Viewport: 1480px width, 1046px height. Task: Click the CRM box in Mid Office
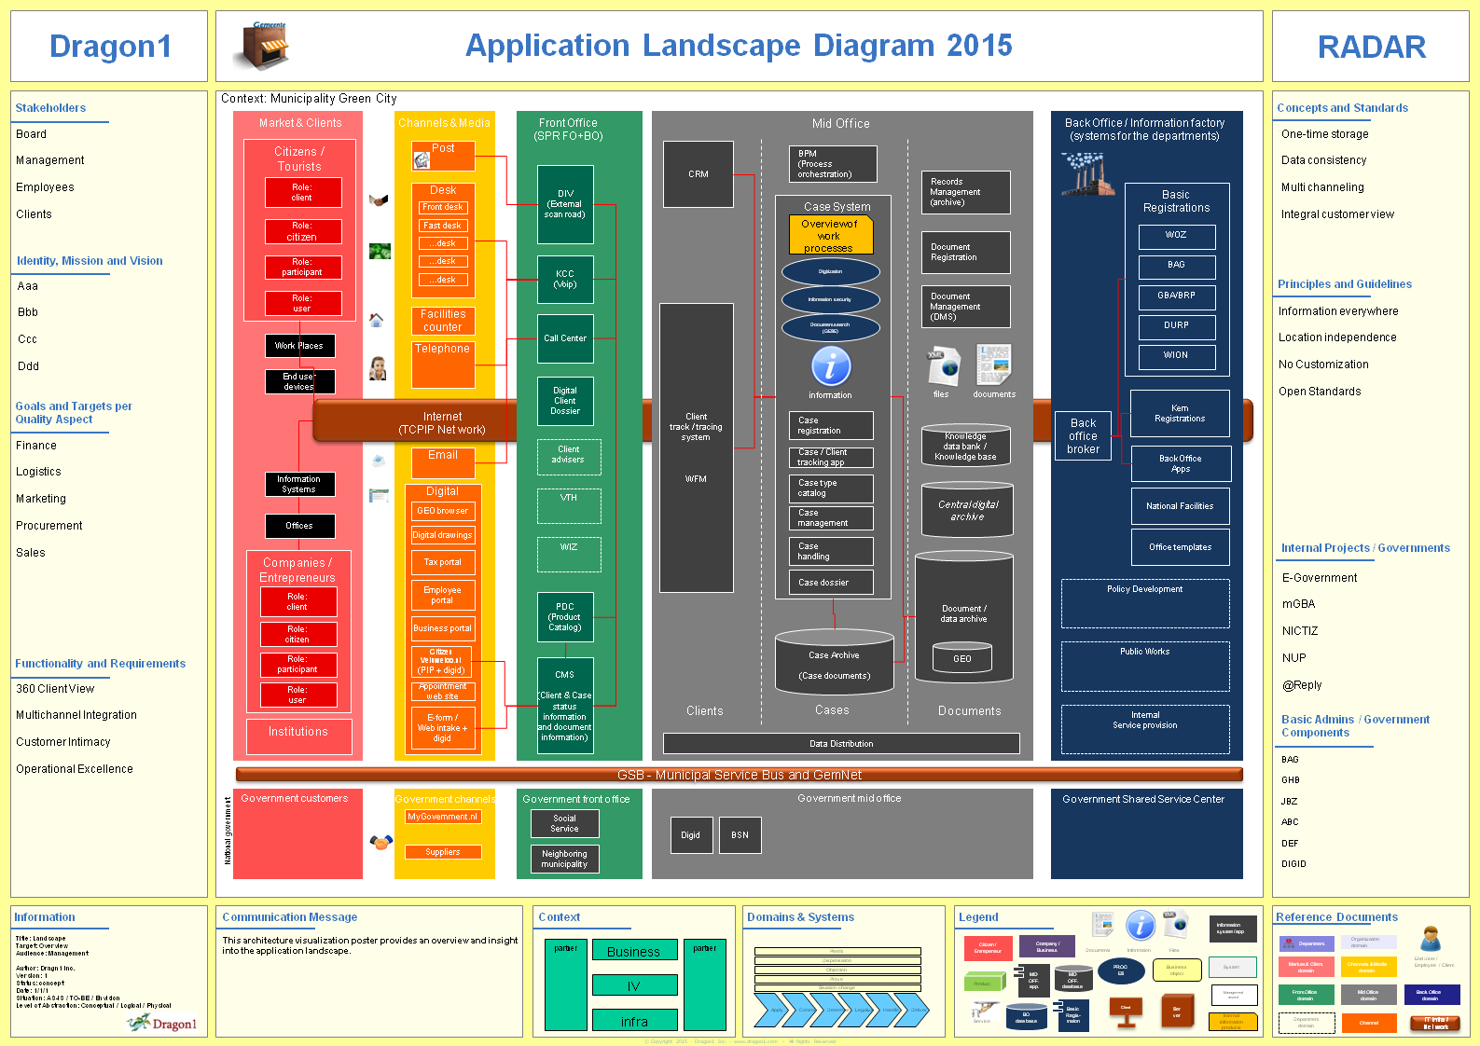click(698, 174)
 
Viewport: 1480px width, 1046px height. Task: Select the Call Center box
click(565, 338)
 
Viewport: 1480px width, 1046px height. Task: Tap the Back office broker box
click(1083, 436)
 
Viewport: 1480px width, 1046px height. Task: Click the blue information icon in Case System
click(830, 366)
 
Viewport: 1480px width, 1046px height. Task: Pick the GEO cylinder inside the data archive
click(962, 658)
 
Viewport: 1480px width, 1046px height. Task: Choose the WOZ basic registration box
click(1176, 236)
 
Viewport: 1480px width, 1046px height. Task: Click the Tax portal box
click(443, 562)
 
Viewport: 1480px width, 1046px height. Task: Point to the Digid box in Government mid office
click(690, 835)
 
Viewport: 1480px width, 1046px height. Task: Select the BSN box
click(740, 835)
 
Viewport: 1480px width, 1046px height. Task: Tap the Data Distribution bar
click(841, 744)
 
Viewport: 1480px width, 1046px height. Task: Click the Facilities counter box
click(443, 321)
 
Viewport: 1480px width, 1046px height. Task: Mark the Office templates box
click(1180, 547)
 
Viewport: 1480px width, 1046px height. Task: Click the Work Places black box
click(299, 346)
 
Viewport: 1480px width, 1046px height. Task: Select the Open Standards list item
click(1320, 392)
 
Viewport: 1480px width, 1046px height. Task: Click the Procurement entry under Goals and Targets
click(49, 526)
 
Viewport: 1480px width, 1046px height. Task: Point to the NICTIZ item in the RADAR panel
click(1300, 631)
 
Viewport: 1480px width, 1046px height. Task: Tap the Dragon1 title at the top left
click(110, 47)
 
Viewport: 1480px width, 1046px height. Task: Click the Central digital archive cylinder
click(967, 510)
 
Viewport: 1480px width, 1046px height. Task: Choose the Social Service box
click(564, 823)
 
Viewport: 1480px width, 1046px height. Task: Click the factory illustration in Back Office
click(1087, 174)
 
